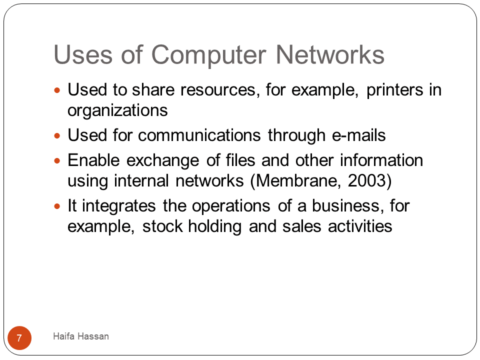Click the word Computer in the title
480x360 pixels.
pyautogui.click(x=208, y=55)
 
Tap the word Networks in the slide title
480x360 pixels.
pyautogui.click(x=330, y=54)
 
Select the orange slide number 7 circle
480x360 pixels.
pyautogui.click(x=19, y=338)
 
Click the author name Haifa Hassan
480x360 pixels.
pyautogui.click(x=81, y=336)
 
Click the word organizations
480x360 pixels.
pyautogui.click(x=117, y=110)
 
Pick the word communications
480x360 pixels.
pyautogui.click(x=199, y=135)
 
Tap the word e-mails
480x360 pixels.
pyautogui.click(x=359, y=135)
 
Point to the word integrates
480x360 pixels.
pyautogui.click(x=119, y=206)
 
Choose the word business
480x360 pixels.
pyautogui.click(x=347, y=205)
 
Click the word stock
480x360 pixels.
pyautogui.click(x=162, y=226)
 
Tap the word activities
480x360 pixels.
pyautogui.click(x=360, y=226)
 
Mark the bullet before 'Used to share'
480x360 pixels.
pyautogui.click(x=57, y=90)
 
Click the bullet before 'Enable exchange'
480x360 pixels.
pyautogui.click(x=57, y=160)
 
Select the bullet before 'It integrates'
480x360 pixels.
pyautogui.click(x=57, y=206)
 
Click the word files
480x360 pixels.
pyautogui.click(x=240, y=160)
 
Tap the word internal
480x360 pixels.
pyautogui.click(x=141, y=180)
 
